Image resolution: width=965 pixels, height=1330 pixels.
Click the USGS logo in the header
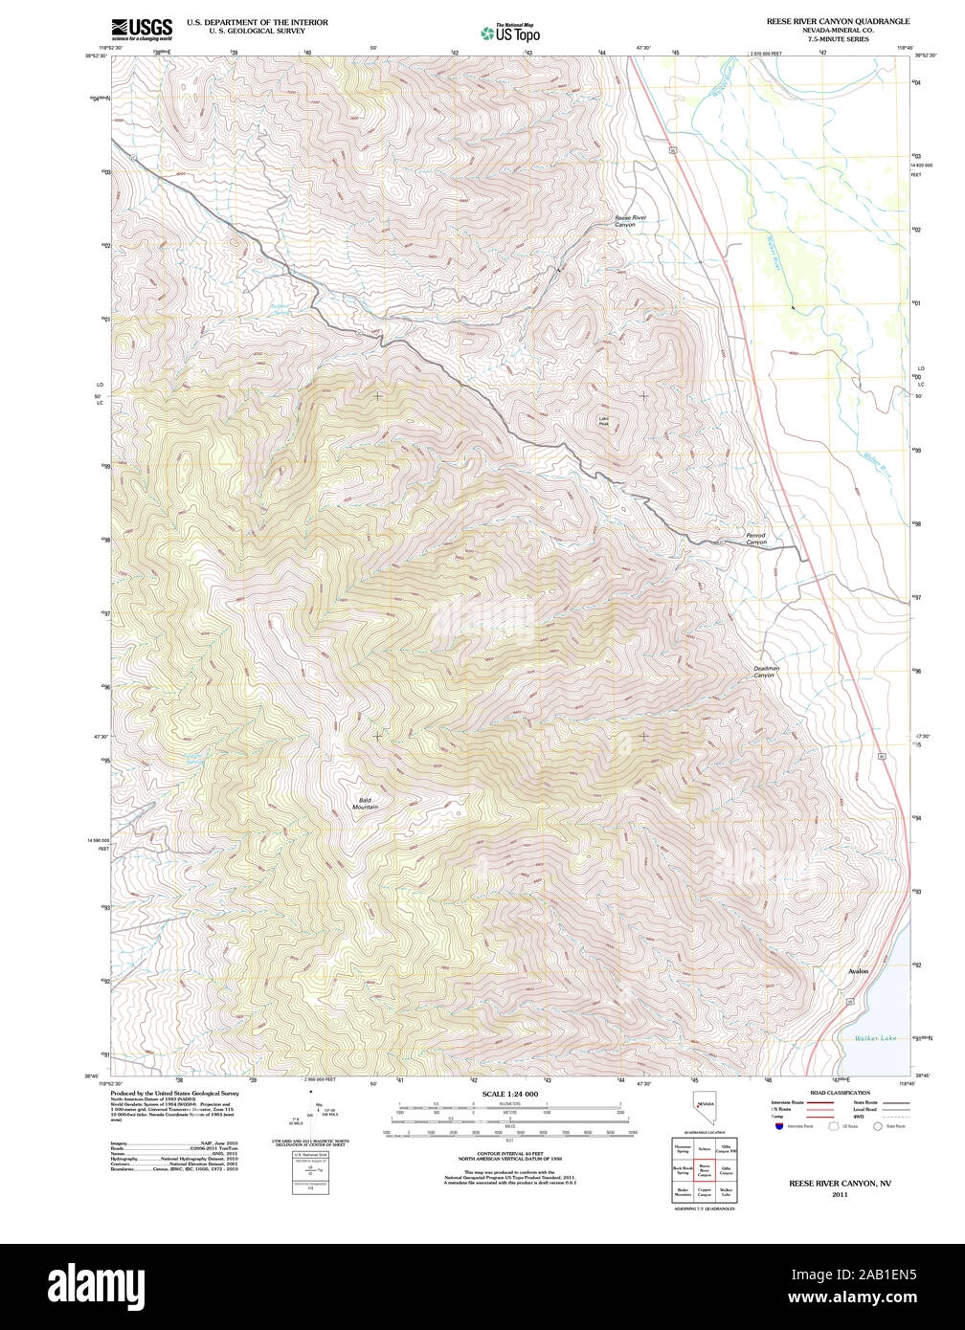[141, 28]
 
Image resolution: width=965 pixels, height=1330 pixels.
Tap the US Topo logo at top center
[510, 33]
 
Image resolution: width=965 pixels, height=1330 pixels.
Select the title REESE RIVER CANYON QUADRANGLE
[838, 20]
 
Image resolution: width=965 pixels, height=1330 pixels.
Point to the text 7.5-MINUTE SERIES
[838, 39]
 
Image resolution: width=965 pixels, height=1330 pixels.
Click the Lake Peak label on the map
[604, 421]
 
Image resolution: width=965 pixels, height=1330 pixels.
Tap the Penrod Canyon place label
[756, 539]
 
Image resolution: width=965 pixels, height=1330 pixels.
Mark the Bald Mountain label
[365, 803]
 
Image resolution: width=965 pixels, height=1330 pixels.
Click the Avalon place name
[858, 971]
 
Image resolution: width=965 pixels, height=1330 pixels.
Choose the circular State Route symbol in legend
[875, 1126]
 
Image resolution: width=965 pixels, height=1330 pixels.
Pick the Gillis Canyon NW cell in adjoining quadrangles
[728, 1148]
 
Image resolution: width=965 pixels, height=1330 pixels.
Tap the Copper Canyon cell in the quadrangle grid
[705, 1193]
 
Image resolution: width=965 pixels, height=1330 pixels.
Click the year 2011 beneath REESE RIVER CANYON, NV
[840, 1194]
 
